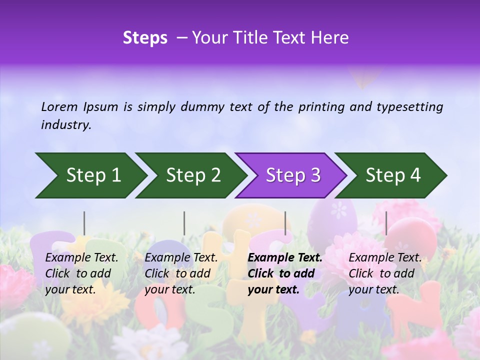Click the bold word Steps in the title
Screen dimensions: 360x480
click(145, 38)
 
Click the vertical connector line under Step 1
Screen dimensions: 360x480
click(84, 223)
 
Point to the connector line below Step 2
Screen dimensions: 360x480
click(184, 223)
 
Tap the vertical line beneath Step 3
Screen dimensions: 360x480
click(285, 223)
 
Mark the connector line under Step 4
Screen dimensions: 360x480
click(386, 223)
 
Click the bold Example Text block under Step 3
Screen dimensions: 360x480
click(285, 273)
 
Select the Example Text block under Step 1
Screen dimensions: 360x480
click(81, 273)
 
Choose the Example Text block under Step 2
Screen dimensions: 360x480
click(181, 273)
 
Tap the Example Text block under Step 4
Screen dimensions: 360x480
click(385, 273)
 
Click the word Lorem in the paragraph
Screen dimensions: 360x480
click(59, 106)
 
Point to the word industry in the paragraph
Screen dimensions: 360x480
click(65, 125)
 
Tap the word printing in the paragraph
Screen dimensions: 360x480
click(320, 106)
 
